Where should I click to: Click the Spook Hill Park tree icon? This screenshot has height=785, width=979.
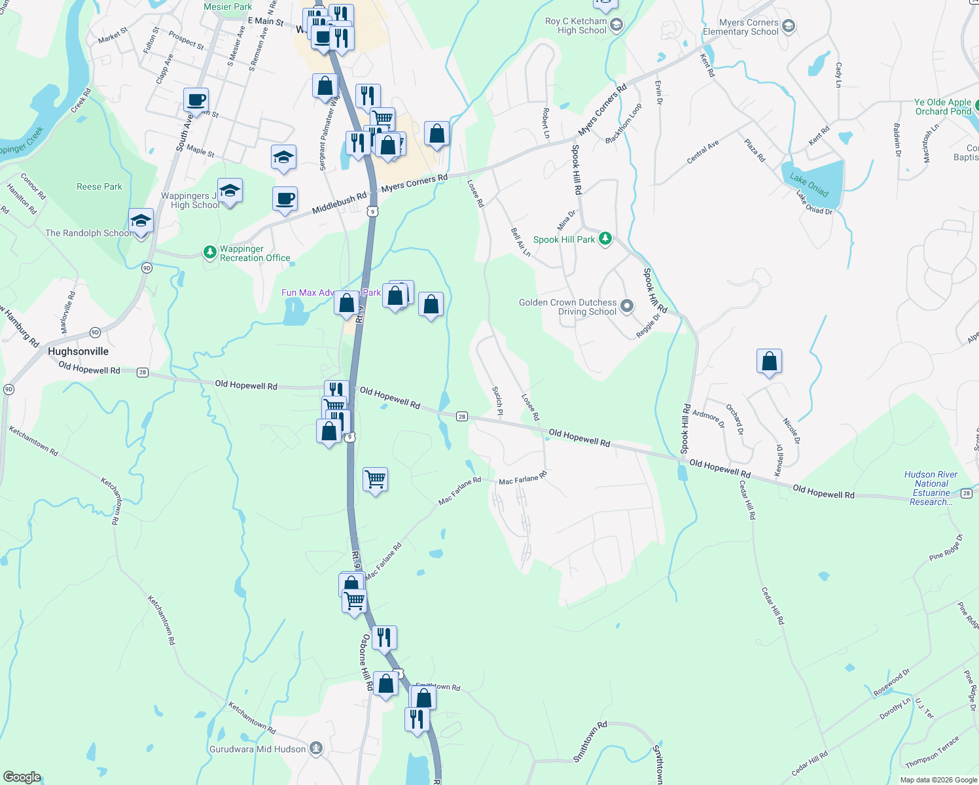tap(605, 239)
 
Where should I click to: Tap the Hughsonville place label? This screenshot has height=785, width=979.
tap(78, 351)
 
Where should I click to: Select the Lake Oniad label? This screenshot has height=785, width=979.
tap(809, 184)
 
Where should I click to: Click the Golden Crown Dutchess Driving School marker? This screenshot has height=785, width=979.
tap(627, 306)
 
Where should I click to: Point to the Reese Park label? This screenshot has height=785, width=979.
tap(99, 186)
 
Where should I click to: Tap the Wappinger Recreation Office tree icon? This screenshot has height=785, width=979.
tap(209, 253)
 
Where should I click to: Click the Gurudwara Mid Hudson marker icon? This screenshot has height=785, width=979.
tap(316, 748)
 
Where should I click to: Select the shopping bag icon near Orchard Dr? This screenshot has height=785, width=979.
tap(769, 361)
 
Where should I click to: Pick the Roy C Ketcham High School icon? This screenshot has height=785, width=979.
tap(616, 26)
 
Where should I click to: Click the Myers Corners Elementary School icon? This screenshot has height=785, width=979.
tap(789, 26)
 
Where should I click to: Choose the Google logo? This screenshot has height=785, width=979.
tap(22, 777)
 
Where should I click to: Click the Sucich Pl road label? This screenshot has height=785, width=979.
tap(497, 400)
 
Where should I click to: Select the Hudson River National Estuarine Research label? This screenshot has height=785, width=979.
tap(931, 488)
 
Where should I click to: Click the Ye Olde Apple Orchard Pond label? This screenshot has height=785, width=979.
tap(942, 107)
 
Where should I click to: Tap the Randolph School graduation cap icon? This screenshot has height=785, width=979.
tap(141, 221)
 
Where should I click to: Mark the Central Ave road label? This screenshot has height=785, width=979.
tap(703, 152)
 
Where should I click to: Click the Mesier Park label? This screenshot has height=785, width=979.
tap(228, 7)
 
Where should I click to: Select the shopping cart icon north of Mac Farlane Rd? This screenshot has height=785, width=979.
tap(375, 480)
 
